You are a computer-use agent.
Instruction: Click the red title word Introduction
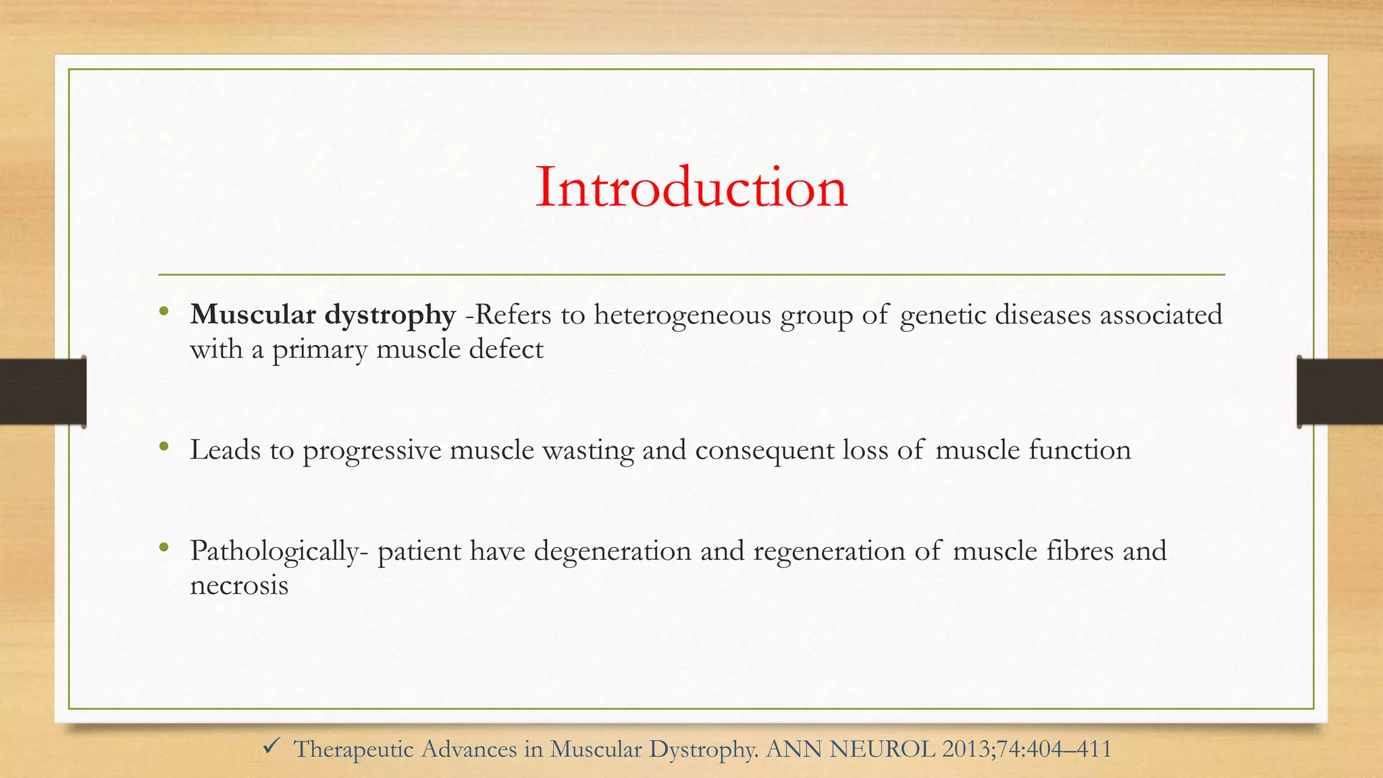coord(691,188)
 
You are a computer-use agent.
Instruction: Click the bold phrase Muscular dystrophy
coord(323,315)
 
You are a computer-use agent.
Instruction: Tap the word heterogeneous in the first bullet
coord(682,315)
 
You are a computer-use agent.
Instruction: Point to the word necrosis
coord(239,586)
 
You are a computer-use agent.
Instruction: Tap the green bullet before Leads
coord(163,446)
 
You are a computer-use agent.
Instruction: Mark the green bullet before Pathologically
coord(163,548)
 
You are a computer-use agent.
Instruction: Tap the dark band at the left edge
coord(43,392)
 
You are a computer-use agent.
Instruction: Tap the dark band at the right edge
coord(1340,392)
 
